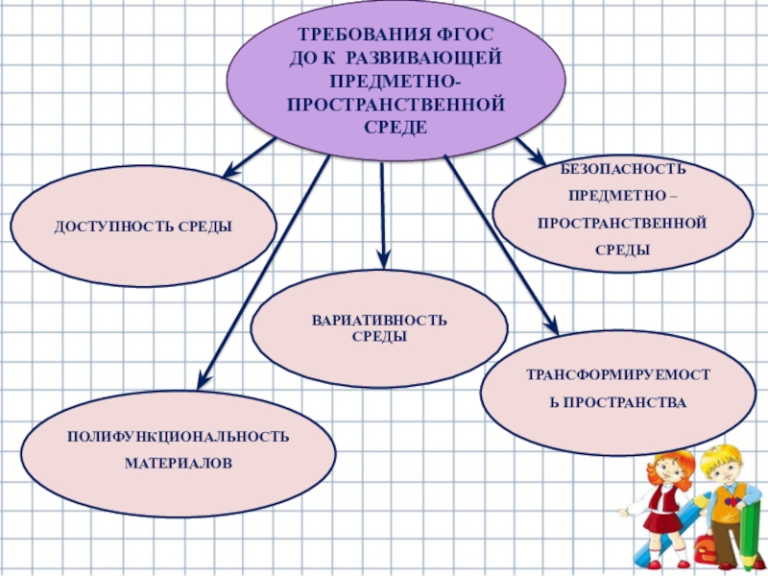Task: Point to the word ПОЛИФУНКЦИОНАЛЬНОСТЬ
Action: [x=178, y=437]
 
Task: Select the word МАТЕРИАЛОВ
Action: [x=178, y=463]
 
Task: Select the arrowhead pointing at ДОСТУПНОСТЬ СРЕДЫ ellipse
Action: [x=231, y=173]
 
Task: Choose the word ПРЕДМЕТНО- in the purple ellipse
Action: [x=396, y=80]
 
